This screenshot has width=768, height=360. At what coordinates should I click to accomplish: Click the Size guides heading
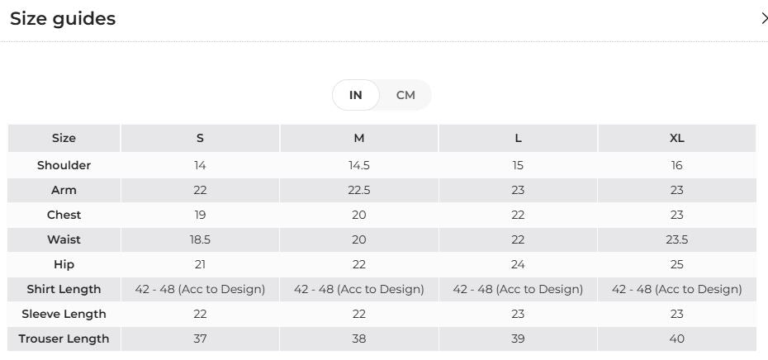tap(63, 19)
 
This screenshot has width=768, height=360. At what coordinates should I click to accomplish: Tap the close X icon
tap(764, 19)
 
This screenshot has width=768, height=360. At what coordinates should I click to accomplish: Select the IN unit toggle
tap(356, 95)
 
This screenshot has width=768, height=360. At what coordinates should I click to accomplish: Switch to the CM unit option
tap(405, 95)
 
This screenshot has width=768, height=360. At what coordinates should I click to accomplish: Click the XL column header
tap(677, 138)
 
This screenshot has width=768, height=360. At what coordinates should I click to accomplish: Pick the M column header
tap(359, 138)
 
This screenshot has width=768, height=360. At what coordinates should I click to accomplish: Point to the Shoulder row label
tap(64, 165)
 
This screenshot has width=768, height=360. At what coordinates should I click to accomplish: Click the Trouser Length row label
tap(64, 339)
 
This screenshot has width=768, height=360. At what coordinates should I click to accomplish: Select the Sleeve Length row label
tap(64, 314)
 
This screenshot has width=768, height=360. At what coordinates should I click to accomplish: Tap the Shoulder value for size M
tap(359, 166)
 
